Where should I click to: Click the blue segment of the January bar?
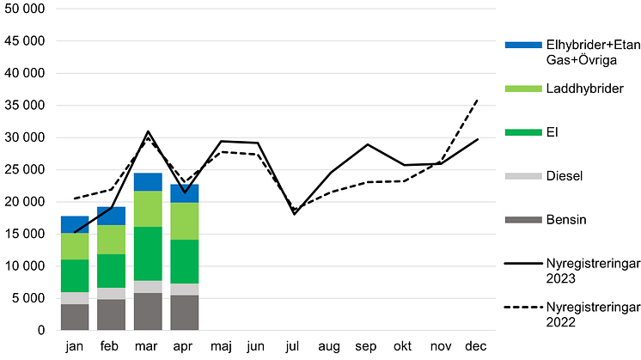(x=75, y=224)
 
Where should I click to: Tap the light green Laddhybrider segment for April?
(x=185, y=221)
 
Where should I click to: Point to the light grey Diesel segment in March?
(x=148, y=287)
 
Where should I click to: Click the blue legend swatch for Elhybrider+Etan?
(x=520, y=44)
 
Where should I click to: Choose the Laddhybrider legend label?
(x=579, y=88)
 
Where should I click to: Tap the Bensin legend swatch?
(x=520, y=221)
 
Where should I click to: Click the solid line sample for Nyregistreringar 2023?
(x=520, y=265)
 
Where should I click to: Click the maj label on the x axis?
(x=221, y=346)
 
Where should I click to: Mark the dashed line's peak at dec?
(x=478, y=100)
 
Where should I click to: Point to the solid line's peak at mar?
(x=148, y=131)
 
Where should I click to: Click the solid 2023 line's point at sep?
(x=368, y=144)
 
